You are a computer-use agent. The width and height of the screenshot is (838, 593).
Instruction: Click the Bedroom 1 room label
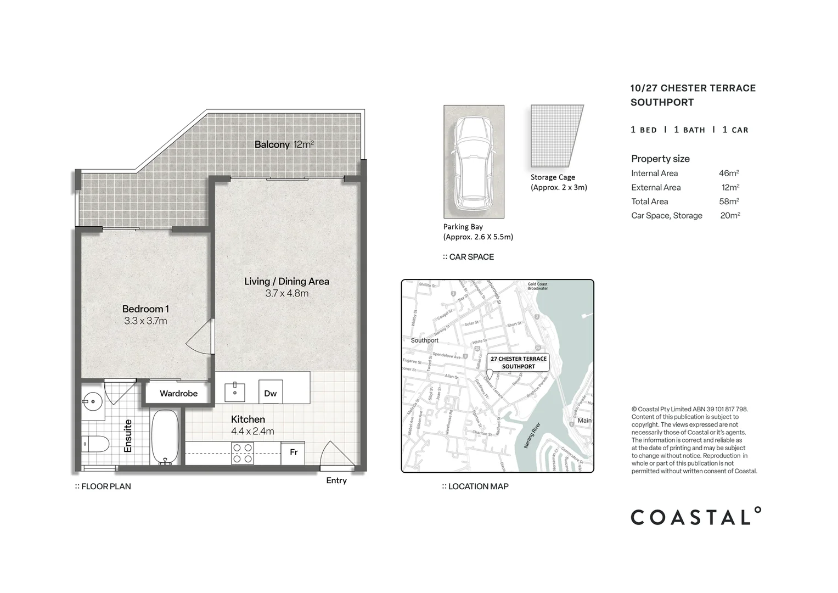pos(145,309)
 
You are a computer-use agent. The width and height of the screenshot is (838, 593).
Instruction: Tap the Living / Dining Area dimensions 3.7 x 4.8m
pos(286,294)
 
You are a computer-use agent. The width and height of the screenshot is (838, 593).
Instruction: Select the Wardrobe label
pos(178,394)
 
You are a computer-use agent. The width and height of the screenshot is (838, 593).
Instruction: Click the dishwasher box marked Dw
pos(271,393)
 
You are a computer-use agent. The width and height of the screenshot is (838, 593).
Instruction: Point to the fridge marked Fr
pos(294,452)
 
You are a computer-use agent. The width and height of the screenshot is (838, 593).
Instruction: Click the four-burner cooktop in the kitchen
pos(243,453)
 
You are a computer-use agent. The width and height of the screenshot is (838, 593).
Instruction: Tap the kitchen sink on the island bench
pos(235,392)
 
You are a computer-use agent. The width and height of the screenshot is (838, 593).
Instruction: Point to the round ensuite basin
pos(93,402)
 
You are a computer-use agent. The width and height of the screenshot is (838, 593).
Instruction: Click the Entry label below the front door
pos(336,480)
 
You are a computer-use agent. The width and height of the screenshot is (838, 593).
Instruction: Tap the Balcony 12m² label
pos(284,145)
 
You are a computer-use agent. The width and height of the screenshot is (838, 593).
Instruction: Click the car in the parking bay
pos(474,163)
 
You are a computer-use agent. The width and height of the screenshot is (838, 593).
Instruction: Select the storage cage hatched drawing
pos(555,136)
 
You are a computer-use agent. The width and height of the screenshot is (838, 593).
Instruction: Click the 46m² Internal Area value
pos(729,174)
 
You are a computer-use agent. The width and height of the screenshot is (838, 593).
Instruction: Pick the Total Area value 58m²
pos(729,202)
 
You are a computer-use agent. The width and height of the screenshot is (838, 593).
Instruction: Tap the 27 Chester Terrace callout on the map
pos(518,362)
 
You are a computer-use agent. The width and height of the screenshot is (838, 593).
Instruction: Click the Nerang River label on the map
pos(532,435)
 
